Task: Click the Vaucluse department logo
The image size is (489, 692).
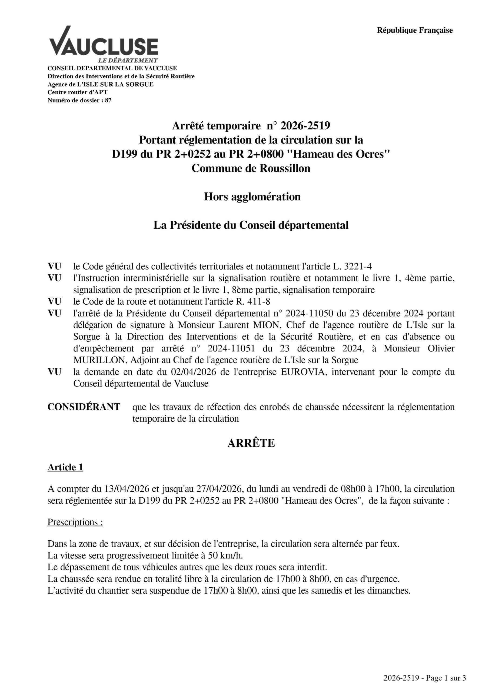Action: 104,45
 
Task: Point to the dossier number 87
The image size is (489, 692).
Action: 108,100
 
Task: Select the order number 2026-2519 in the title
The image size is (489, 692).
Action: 305,126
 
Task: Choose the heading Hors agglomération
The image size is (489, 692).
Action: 252,197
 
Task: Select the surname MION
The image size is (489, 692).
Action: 267,325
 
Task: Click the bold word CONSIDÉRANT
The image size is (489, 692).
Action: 84,407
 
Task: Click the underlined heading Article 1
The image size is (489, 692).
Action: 65,467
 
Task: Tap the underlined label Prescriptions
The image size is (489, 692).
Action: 75,522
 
